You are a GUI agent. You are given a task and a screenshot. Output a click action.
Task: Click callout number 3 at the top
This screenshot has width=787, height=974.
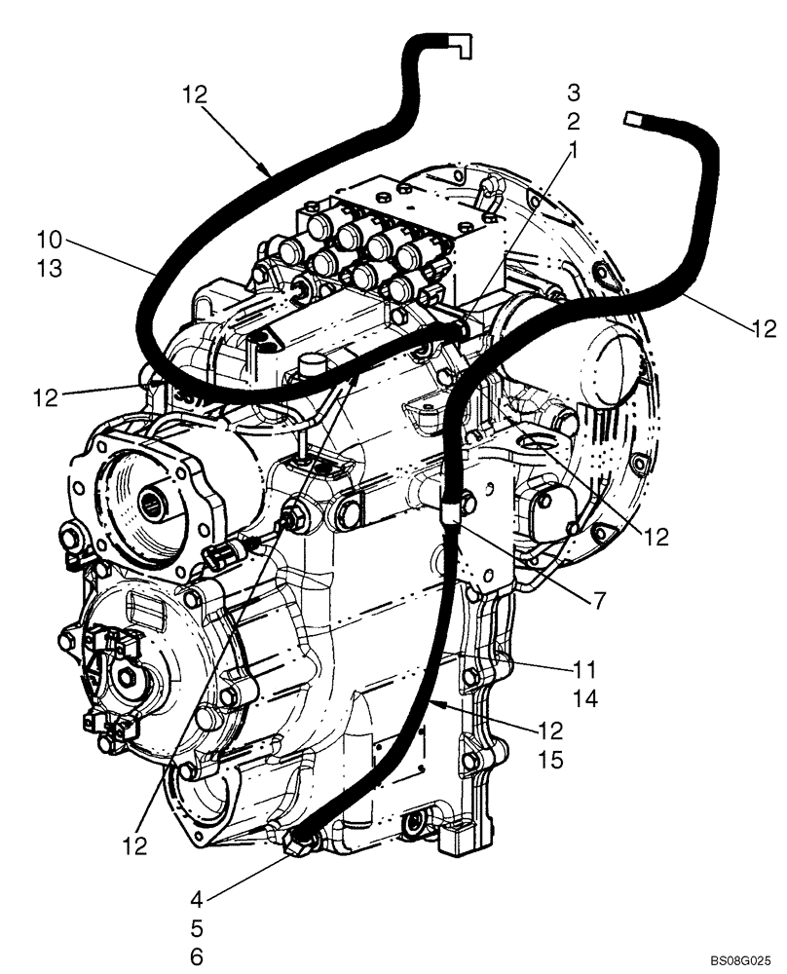point(574,94)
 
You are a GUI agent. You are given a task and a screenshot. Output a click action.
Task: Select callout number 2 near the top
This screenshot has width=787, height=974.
point(574,122)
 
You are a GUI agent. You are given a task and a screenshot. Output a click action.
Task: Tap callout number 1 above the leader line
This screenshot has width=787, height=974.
point(573,150)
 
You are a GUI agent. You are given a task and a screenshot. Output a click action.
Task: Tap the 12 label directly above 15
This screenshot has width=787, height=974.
point(550,730)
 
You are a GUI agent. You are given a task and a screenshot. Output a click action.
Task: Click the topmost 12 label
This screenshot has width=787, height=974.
point(195,94)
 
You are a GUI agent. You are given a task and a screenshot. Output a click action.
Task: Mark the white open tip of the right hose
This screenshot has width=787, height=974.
point(630,118)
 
